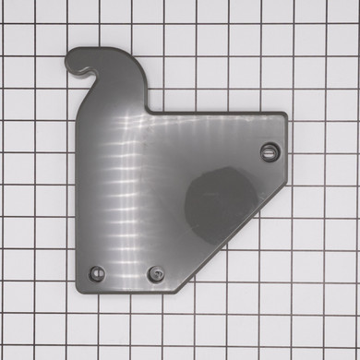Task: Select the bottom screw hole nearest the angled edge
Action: [157, 274]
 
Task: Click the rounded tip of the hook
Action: [71, 66]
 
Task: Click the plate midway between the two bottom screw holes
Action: [127, 273]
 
